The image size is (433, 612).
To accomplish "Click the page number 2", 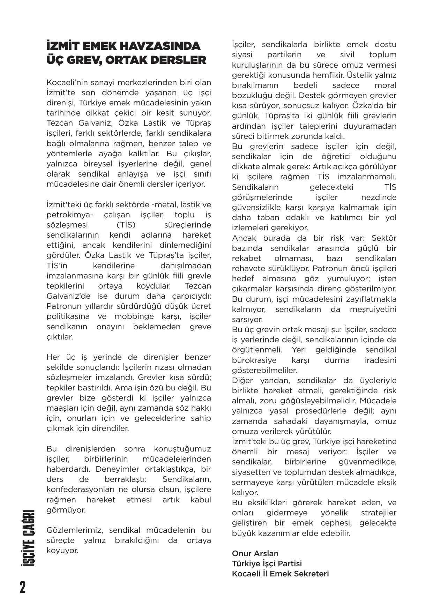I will (23, 587).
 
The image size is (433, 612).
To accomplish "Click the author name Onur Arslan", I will (255, 553).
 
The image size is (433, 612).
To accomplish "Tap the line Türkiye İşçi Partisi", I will (267, 564).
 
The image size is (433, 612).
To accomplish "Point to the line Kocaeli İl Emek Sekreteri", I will (280, 574).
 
